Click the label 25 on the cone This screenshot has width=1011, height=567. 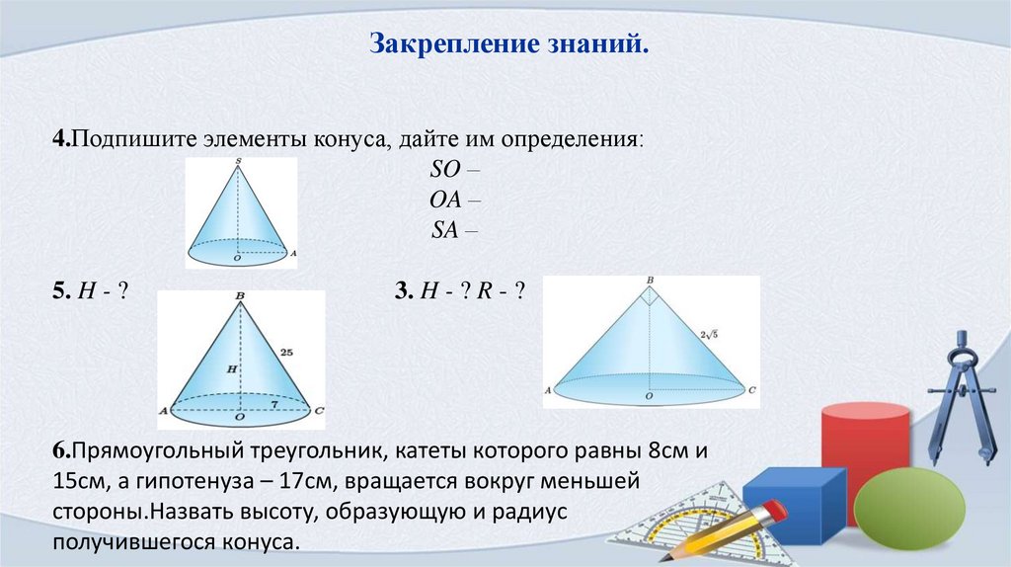[287, 351]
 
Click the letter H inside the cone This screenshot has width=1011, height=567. [231, 368]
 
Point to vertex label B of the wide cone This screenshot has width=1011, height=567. [650, 281]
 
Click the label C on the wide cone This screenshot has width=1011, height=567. [752, 391]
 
